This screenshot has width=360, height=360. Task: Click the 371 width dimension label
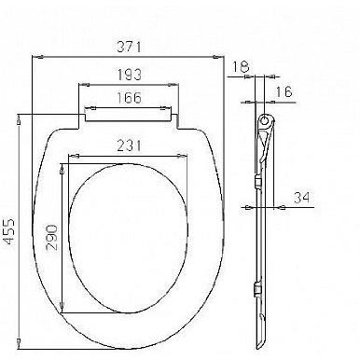coord(129,47)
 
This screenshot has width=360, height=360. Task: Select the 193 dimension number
coord(130,75)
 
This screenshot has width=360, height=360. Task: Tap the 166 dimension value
coord(129,98)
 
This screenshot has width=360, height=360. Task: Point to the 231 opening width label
coord(129,145)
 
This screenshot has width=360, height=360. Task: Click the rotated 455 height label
coord(9,231)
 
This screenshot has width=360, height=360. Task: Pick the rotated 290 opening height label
coord(51,238)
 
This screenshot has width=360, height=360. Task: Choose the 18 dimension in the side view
coord(241,66)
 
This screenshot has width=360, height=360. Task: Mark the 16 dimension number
coord(284,91)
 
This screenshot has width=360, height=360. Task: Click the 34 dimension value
coord(302,198)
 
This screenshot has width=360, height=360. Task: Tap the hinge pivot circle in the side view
coord(265,119)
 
